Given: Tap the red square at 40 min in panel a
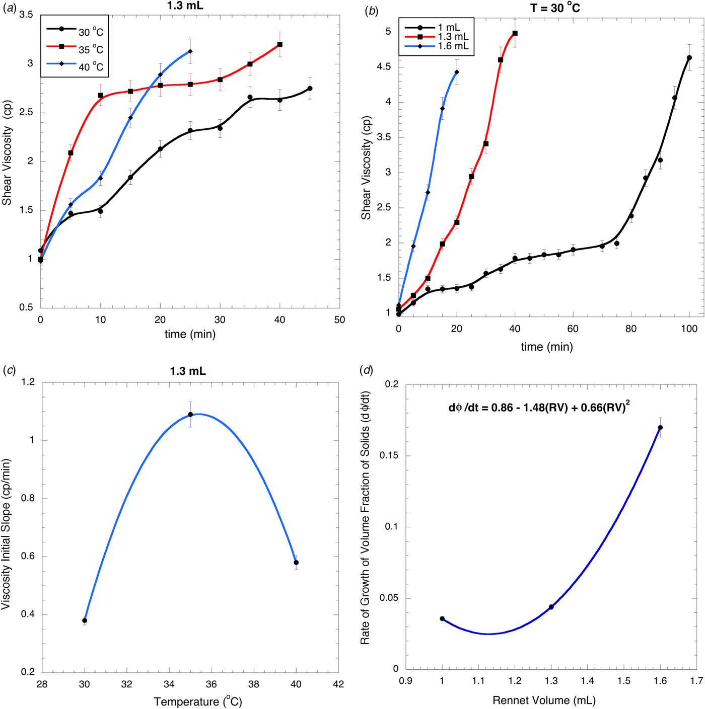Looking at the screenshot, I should (280, 45).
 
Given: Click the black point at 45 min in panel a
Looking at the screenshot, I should (310, 89).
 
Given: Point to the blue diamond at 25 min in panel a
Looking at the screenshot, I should (190, 51).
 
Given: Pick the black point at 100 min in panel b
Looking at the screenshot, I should (689, 58).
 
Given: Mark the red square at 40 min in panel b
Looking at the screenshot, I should (515, 34).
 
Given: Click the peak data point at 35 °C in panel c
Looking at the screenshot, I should (190, 415).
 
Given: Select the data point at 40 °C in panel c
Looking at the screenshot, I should (296, 563).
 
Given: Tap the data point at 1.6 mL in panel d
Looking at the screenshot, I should (660, 428).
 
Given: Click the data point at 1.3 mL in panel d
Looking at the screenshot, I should (551, 607).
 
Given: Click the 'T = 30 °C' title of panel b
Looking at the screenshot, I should (554, 8).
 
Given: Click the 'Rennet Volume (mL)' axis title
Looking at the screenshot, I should (544, 700).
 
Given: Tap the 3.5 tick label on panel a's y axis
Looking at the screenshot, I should (26, 15).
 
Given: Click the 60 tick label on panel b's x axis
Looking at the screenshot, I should (573, 329).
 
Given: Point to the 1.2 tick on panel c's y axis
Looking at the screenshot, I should (29, 382).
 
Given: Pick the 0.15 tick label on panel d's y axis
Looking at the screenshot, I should (388, 456).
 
